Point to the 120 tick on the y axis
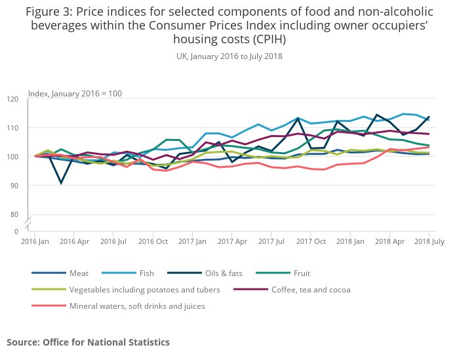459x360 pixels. tap(13, 99)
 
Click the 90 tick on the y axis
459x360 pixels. tap(15, 186)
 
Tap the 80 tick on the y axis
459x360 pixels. tap(15, 214)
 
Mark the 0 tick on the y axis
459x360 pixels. tap(17, 231)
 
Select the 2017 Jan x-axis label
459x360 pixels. tap(192, 242)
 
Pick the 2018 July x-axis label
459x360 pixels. tap(428, 242)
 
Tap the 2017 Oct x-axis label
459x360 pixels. tap(310, 242)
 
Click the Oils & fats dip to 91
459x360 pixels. tap(61, 182)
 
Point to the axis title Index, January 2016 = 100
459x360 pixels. tap(75, 94)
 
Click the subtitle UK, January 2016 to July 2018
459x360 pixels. tap(229, 56)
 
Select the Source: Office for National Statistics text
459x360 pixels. tap(88, 342)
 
